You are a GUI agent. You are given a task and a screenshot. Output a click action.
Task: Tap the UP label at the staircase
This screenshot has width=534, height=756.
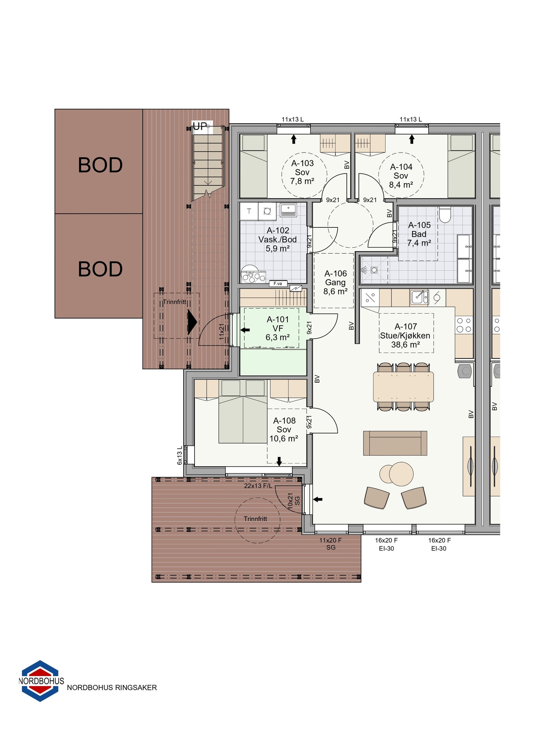pyautogui.click(x=200, y=126)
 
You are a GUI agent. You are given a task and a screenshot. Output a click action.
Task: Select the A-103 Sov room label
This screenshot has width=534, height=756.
pyautogui.click(x=302, y=172)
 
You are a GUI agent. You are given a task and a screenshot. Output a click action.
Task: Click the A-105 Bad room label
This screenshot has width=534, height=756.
pyautogui.click(x=419, y=234)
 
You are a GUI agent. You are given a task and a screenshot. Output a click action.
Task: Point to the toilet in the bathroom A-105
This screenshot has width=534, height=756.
pyautogui.click(x=445, y=215)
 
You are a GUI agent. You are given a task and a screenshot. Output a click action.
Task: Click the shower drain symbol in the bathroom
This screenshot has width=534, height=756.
pyautogui.click(x=374, y=270)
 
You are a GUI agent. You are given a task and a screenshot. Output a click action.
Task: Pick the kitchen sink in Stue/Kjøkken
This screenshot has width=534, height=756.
pyautogui.click(x=419, y=297)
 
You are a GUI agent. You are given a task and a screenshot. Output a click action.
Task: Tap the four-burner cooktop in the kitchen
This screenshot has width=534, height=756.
pyautogui.click(x=464, y=325)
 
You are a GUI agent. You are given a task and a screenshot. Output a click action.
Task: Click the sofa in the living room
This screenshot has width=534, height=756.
pyautogui.click(x=395, y=443)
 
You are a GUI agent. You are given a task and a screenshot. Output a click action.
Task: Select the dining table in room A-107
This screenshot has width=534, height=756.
pyautogui.click(x=403, y=387)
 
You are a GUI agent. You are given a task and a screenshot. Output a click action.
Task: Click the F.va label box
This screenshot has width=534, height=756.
pyautogui.click(x=278, y=283)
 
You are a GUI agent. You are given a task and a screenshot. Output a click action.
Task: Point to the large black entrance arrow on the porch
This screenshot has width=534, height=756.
pyautogui.click(x=192, y=322)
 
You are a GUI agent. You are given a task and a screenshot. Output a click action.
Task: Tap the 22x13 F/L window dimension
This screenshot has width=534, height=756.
pyautogui.click(x=258, y=486)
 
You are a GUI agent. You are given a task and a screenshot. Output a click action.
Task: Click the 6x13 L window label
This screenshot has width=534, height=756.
pyautogui.click(x=180, y=455)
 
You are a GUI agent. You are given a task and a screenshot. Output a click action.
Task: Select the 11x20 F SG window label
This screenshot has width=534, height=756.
pyautogui.click(x=330, y=544)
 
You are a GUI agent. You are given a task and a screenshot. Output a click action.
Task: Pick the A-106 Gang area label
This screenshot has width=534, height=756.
pyautogui.click(x=335, y=282)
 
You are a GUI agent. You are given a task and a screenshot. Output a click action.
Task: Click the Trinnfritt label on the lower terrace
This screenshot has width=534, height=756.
pyautogui.click(x=255, y=519)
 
